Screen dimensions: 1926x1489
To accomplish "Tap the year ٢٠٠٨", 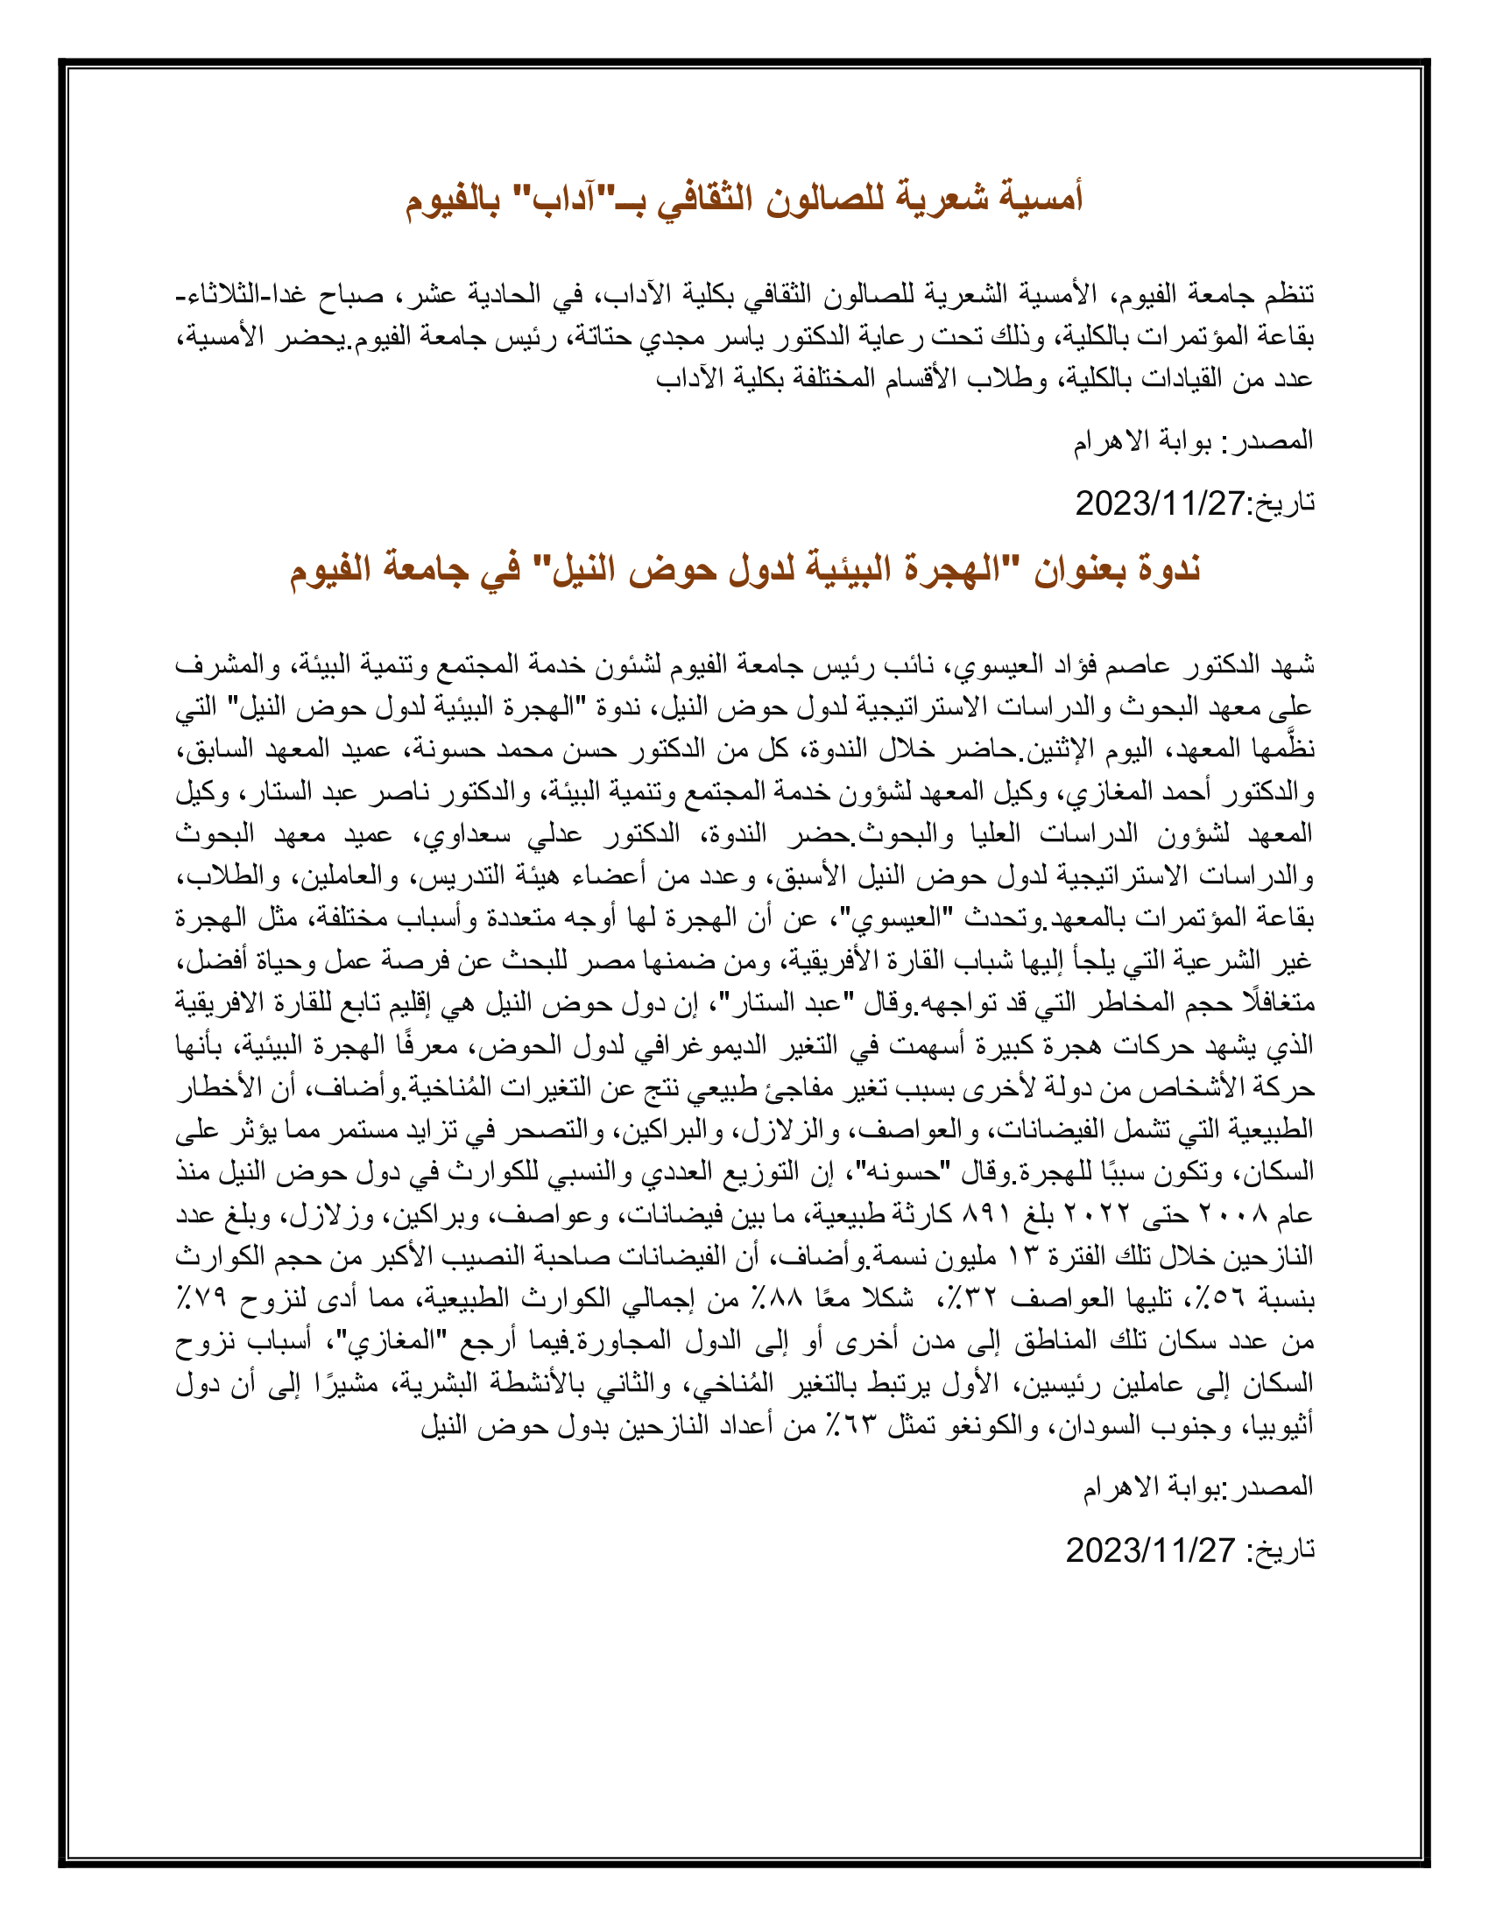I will [x=1236, y=1215].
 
